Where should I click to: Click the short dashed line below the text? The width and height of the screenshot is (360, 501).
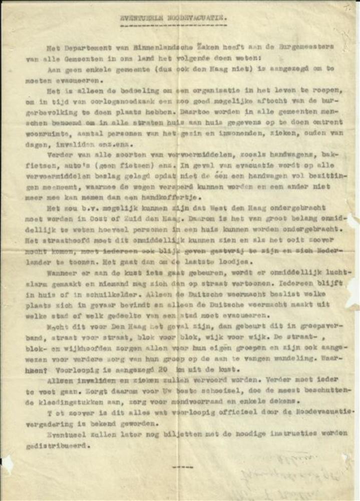coord(182,467)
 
